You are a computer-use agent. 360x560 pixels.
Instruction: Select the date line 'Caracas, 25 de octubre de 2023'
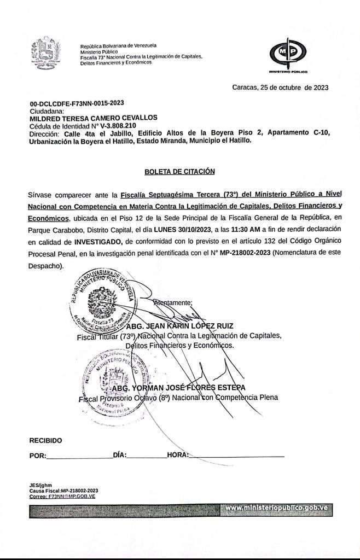(280, 87)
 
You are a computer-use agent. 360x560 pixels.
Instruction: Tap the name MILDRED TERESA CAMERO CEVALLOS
(94, 118)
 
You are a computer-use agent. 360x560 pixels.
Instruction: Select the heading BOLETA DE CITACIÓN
(179, 172)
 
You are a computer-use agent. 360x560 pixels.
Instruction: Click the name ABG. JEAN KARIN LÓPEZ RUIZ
(179, 326)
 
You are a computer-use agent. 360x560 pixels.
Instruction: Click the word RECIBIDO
(46, 440)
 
